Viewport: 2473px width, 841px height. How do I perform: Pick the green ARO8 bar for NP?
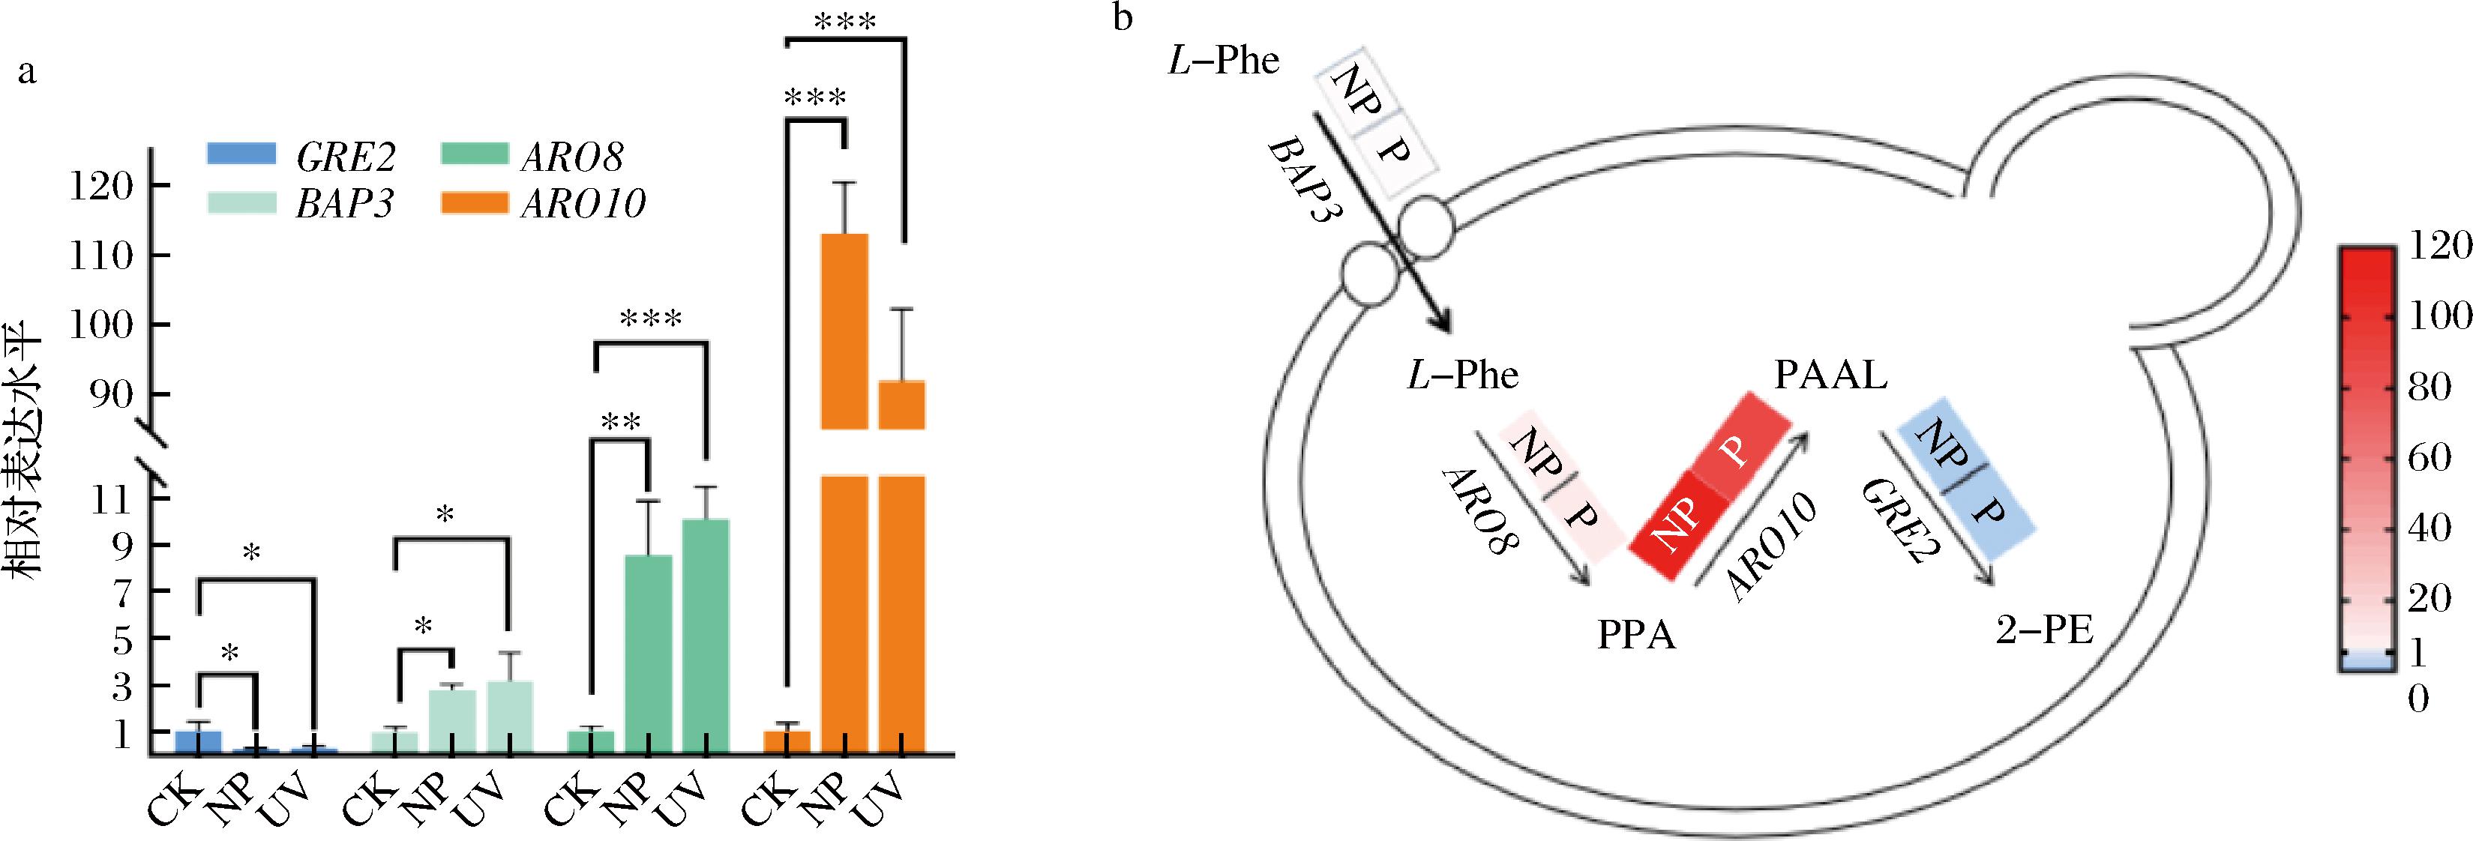click(648, 653)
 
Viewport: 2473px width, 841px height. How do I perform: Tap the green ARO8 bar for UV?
click(706, 633)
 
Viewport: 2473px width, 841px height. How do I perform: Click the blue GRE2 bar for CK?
click(198, 741)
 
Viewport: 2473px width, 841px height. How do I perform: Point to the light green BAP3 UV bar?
click(510, 715)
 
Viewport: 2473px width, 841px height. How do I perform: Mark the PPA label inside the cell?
click(1636, 636)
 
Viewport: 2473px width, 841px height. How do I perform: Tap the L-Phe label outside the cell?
click(1224, 61)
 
